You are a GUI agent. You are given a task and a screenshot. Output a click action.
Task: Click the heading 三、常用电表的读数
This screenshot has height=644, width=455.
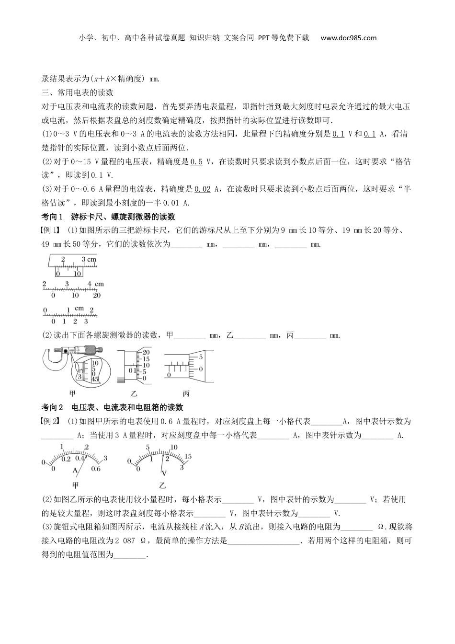tap(77, 92)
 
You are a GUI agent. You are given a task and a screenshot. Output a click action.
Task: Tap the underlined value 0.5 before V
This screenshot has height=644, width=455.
tap(196, 162)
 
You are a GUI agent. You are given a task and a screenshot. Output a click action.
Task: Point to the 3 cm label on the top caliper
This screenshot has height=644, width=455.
tap(89, 260)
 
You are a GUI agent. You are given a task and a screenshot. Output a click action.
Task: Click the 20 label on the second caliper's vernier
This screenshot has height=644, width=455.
tap(96, 295)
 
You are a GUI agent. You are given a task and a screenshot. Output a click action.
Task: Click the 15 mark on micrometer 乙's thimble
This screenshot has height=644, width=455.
tap(146, 359)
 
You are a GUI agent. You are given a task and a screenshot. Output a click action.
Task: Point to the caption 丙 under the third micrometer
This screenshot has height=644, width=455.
tap(186, 394)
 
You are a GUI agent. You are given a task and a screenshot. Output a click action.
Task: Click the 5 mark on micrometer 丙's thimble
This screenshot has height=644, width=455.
tap(201, 357)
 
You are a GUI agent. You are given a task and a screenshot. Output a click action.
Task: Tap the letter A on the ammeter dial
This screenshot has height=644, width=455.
tap(75, 471)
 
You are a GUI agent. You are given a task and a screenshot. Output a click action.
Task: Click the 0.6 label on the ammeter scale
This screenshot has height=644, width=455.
tap(96, 469)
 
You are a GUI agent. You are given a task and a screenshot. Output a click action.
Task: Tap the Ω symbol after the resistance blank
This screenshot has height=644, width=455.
tap(381, 527)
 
